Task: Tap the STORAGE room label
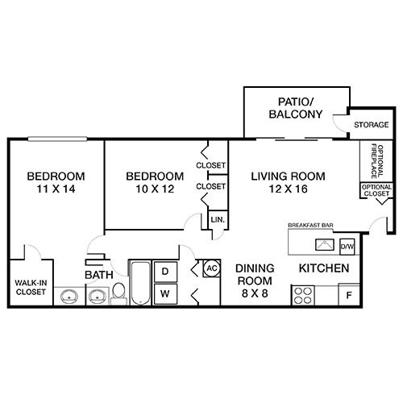(x=372, y=125)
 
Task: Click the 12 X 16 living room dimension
(x=287, y=190)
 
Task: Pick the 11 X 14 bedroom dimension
(x=56, y=190)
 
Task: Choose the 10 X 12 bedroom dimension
(x=155, y=190)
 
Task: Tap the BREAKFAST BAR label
(x=311, y=225)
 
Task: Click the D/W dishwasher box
(x=347, y=245)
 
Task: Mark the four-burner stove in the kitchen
(x=305, y=295)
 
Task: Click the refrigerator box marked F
(x=349, y=295)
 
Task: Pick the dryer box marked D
(x=165, y=272)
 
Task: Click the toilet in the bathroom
(x=118, y=293)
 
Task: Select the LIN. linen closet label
(x=217, y=219)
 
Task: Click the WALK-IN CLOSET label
(x=31, y=287)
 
